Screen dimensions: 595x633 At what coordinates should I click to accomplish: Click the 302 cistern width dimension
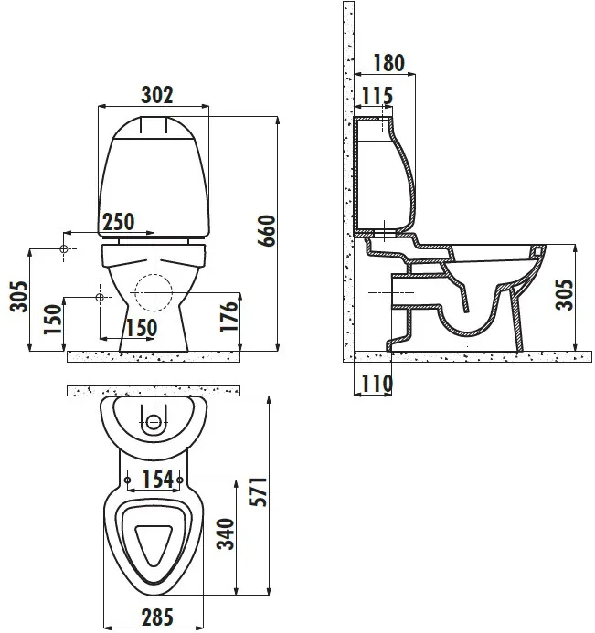tap(156, 95)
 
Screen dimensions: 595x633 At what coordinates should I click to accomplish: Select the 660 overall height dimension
tap(267, 230)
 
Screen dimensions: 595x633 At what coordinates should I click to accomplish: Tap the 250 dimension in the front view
tap(118, 222)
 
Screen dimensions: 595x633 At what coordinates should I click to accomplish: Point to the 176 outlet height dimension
tap(228, 316)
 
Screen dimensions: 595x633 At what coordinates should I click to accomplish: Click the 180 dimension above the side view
tap(388, 63)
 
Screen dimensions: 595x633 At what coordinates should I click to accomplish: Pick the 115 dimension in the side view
tap(377, 96)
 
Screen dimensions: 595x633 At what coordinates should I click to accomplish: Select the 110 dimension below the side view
tap(377, 384)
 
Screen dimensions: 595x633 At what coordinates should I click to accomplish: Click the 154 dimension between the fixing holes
tap(157, 480)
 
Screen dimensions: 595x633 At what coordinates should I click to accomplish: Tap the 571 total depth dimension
tap(258, 491)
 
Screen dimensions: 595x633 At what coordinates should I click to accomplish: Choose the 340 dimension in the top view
tap(226, 534)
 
